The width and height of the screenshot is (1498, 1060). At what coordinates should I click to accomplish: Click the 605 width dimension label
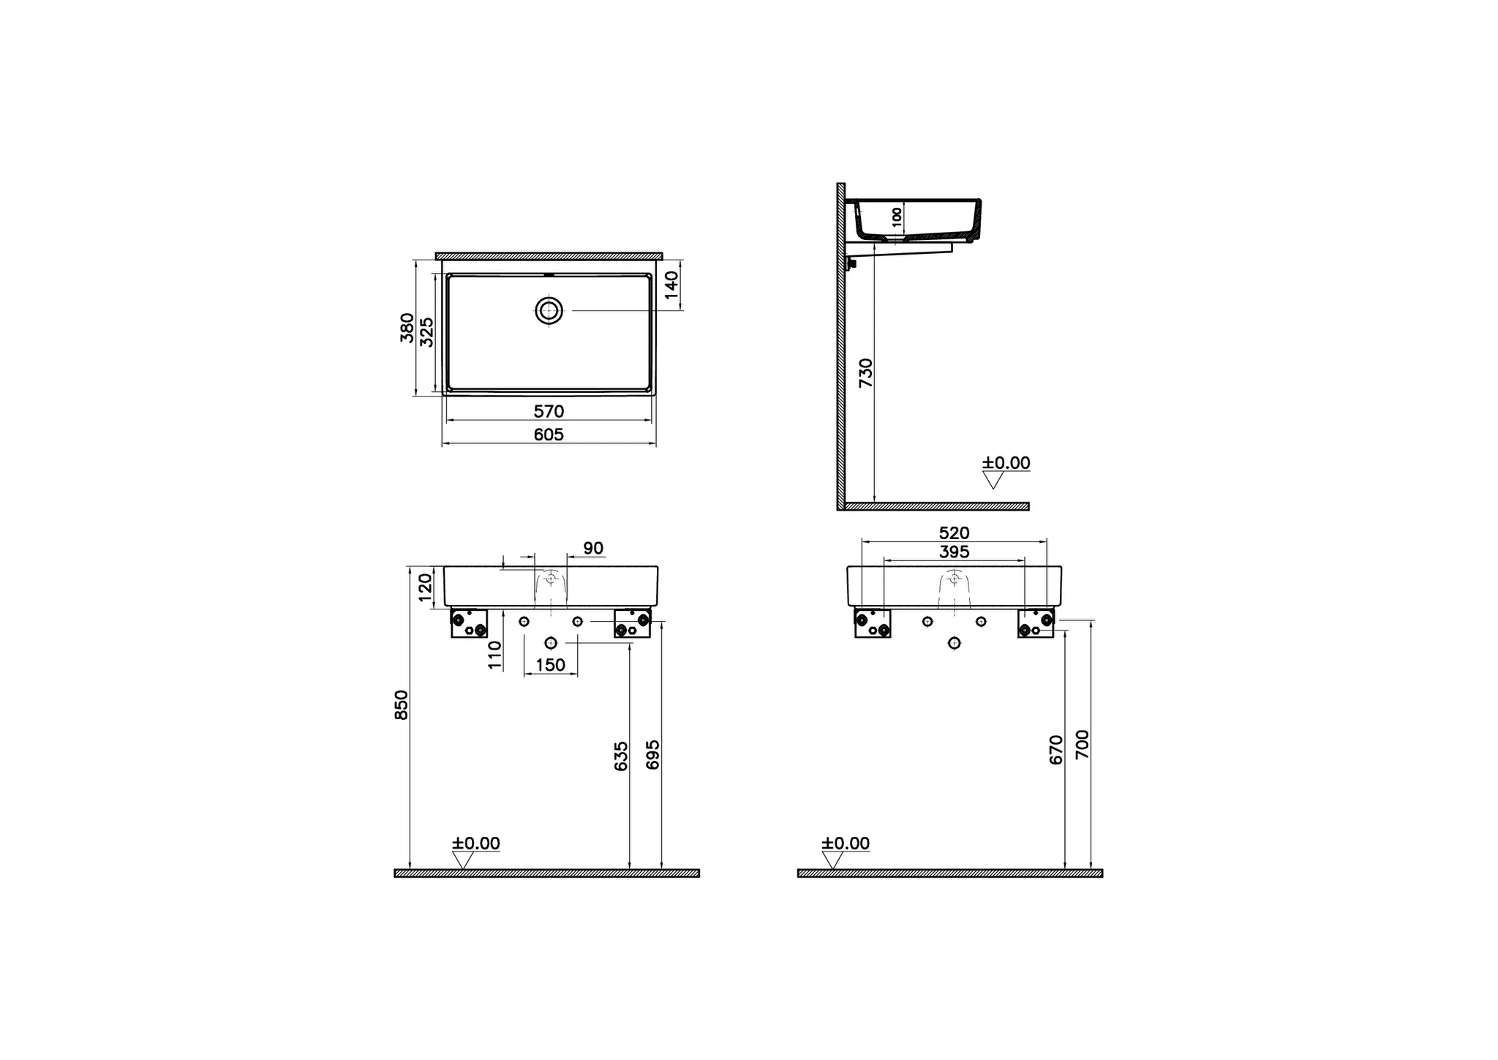[x=549, y=435]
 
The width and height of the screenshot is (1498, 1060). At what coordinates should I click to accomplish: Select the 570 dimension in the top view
[x=549, y=411]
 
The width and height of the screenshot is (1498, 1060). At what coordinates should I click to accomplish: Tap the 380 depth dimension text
[x=407, y=327]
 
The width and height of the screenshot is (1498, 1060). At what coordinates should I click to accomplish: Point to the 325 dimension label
[x=428, y=331]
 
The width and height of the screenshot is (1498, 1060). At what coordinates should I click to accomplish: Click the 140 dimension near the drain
[x=672, y=284]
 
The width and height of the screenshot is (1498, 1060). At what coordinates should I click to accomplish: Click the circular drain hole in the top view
[x=549, y=310]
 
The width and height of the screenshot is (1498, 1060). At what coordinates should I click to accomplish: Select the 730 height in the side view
[x=866, y=372]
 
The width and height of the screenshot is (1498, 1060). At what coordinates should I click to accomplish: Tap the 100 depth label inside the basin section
[x=897, y=217]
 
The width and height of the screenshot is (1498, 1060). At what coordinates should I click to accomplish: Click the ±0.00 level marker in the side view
[x=1006, y=463]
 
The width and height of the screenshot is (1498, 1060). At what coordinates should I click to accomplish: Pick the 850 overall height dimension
[x=402, y=704]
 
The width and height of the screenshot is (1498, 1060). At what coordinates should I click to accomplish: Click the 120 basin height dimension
[x=425, y=587]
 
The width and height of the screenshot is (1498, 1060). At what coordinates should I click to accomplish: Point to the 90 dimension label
[x=593, y=549]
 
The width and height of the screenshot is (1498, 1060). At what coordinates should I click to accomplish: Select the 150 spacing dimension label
[x=550, y=664]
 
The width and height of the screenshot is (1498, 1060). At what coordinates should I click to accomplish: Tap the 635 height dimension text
[x=621, y=756]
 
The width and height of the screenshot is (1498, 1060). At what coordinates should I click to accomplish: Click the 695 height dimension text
[x=653, y=754]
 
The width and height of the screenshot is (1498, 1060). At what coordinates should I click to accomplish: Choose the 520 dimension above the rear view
[x=954, y=533]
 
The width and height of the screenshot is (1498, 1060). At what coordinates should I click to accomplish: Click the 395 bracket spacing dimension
[x=954, y=552]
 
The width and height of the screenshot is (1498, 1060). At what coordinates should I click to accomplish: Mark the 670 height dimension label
[x=1055, y=750]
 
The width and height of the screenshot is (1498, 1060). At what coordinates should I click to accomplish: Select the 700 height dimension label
[x=1083, y=744]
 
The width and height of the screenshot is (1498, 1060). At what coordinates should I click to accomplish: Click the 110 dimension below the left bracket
[x=495, y=655]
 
